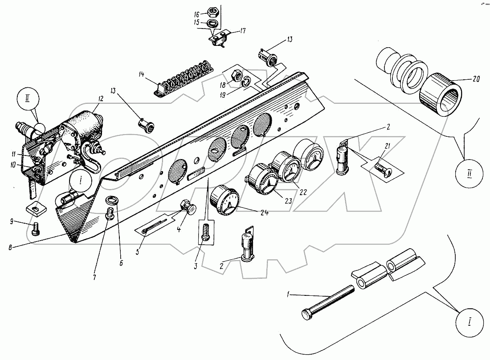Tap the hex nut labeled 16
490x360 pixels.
(213, 13)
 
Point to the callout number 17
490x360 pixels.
(243, 31)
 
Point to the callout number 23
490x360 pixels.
(288, 201)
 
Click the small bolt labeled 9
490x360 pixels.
(36, 230)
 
